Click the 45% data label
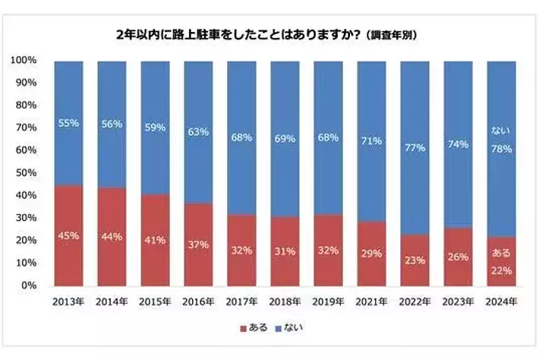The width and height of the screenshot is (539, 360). click(68, 235)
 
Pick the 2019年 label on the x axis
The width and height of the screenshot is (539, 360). click(328, 302)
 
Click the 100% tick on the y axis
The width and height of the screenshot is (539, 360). click(24, 60)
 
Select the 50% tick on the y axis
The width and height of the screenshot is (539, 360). click(27, 172)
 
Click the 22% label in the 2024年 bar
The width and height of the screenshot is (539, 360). click(501, 271)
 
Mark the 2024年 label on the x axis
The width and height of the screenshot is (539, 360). click(501, 302)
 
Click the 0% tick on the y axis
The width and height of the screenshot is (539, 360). click(29, 286)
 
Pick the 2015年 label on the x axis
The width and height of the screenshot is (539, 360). click(155, 302)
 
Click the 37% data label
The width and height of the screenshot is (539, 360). click(198, 244)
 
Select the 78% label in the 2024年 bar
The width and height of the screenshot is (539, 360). click(501, 150)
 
